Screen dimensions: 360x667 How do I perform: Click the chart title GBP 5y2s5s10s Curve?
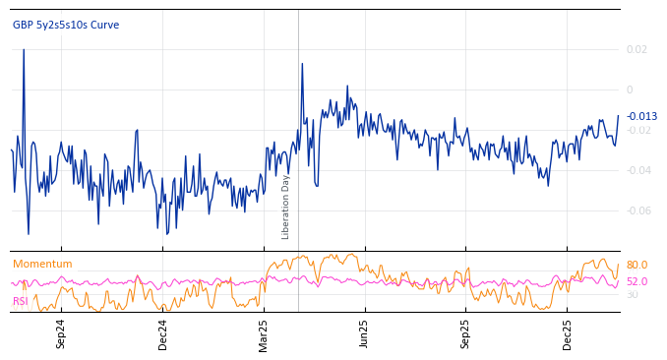tap(66, 25)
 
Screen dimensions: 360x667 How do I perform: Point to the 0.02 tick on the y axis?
tap(637, 49)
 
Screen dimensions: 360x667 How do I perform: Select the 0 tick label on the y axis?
tap(630, 90)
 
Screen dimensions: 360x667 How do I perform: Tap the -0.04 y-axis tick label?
tap(637, 170)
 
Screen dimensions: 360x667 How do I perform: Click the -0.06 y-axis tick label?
tap(637, 210)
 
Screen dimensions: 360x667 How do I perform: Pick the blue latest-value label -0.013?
tap(641, 117)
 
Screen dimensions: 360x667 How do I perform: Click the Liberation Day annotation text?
tap(286, 207)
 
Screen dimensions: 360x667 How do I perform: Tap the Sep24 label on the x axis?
tap(61, 333)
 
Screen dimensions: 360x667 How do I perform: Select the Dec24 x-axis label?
tap(162, 333)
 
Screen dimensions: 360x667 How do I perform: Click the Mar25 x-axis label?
tap(263, 333)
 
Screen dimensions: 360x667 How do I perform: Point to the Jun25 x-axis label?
tap(364, 333)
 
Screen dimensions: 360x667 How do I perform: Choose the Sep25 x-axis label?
tap(465, 333)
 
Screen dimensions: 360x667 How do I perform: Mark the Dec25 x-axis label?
tap(567, 333)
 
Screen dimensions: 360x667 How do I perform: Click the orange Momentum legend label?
tap(42, 265)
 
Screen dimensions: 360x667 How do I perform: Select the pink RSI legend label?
tap(21, 301)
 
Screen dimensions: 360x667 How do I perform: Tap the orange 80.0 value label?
tap(637, 266)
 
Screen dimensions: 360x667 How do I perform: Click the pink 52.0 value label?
tap(637, 281)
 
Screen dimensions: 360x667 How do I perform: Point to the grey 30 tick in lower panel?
tap(632, 295)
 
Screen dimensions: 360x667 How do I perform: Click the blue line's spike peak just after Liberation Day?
tap(302, 64)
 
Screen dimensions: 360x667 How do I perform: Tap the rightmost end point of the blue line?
tap(619, 115)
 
